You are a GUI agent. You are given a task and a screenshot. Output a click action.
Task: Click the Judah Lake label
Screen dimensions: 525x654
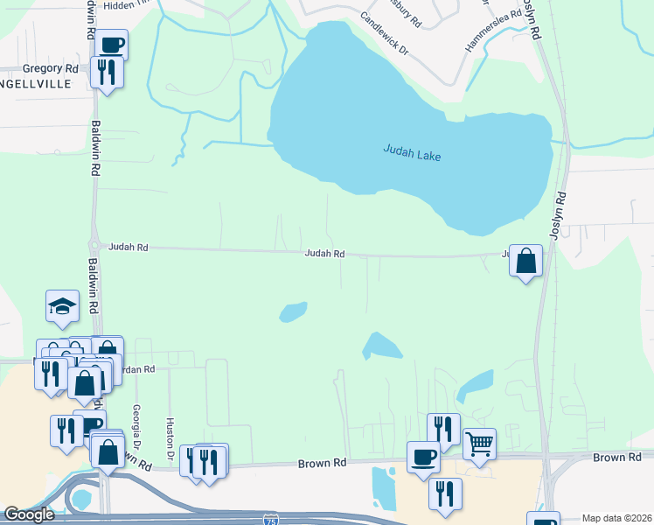[412, 153]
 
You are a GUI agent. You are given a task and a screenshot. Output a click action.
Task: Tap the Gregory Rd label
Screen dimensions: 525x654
[51, 68]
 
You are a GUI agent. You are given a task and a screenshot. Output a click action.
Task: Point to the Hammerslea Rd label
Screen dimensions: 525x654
[493, 31]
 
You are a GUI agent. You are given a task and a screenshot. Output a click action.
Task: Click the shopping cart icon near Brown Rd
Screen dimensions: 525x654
[479, 444]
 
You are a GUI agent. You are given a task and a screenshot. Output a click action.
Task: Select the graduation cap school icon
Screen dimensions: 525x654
[63, 305]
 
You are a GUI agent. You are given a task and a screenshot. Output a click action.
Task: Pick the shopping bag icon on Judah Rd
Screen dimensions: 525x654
[525, 260]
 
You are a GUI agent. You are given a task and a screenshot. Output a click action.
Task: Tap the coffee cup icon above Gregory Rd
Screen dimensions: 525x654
[112, 44]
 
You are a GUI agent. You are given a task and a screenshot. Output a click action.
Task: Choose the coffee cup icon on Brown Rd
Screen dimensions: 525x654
[423, 456]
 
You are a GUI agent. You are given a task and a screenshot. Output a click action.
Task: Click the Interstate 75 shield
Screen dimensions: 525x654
[271, 519]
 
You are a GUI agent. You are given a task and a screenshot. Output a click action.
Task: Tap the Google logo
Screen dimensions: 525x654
[29, 515]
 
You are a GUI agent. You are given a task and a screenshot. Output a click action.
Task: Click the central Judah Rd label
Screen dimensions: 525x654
[324, 254]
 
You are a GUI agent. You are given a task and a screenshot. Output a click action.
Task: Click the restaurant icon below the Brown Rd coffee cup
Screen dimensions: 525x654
[445, 493]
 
